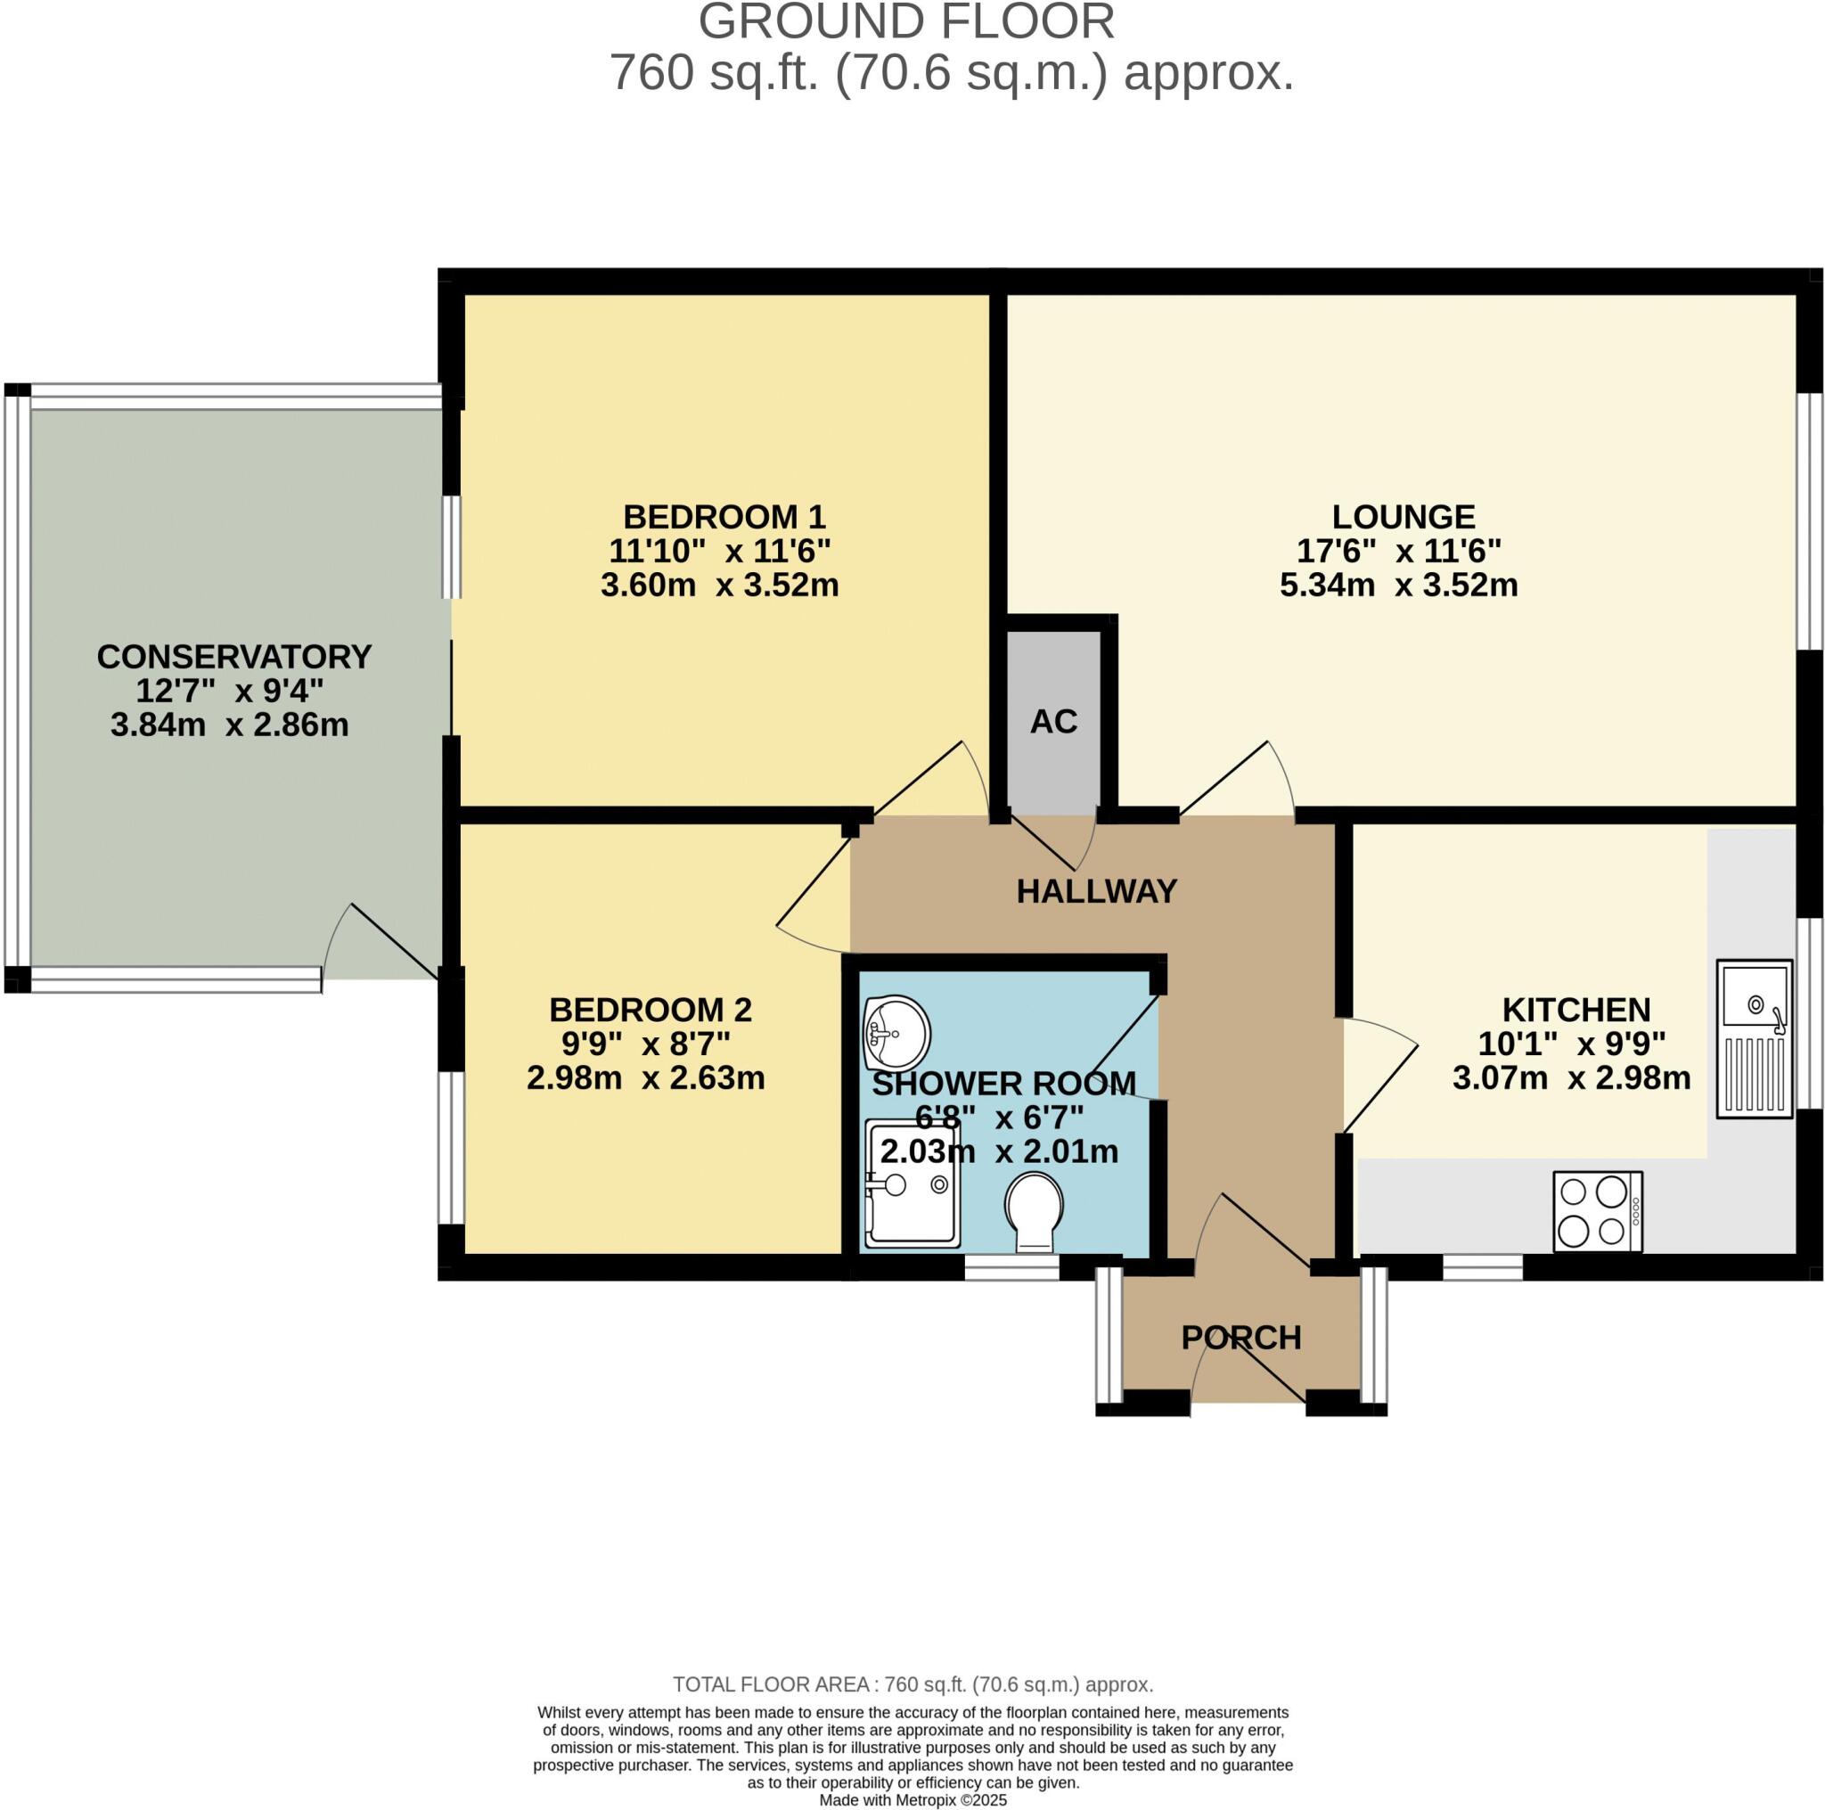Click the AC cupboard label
(x=1053, y=722)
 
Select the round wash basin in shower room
(x=896, y=1034)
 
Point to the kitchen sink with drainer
(x=1754, y=1038)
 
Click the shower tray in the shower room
(x=912, y=1183)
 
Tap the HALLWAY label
(x=1096, y=891)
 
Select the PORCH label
(x=1241, y=1338)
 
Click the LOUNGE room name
(x=1403, y=517)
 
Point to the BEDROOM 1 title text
(x=724, y=517)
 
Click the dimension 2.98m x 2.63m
(x=645, y=1077)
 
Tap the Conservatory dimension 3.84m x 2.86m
(x=230, y=725)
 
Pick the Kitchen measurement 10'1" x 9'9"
(x=1571, y=1044)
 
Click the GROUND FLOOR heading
(x=906, y=21)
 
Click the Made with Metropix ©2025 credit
(x=912, y=1800)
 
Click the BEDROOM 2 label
(x=650, y=1010)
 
